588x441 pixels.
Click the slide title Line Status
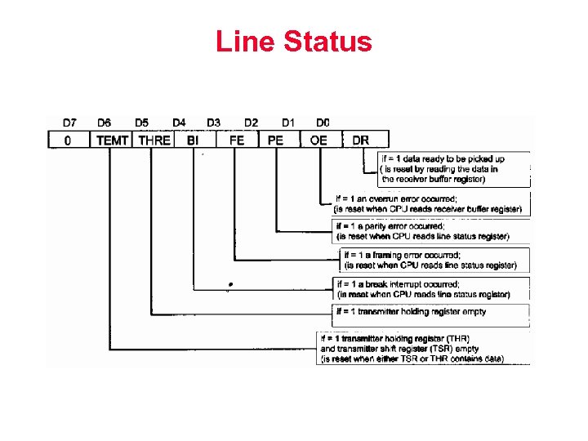click(293, 41)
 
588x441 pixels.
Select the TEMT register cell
click(112, 140)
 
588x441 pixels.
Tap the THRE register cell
click(154, 140)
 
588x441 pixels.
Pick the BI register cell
click(193, 140)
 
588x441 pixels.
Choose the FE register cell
click(237, 140)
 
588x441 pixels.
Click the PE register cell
click(276, 140)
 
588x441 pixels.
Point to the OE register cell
click(318, 140)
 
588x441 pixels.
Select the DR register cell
click(360, 140)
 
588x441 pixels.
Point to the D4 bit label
click(179, 122)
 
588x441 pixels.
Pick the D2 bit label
click(251, 122)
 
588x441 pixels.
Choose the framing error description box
click(434, 260)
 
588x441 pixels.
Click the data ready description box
click(453, 168)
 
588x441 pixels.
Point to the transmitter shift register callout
click(422, 348)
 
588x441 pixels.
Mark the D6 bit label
click(105, 122)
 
